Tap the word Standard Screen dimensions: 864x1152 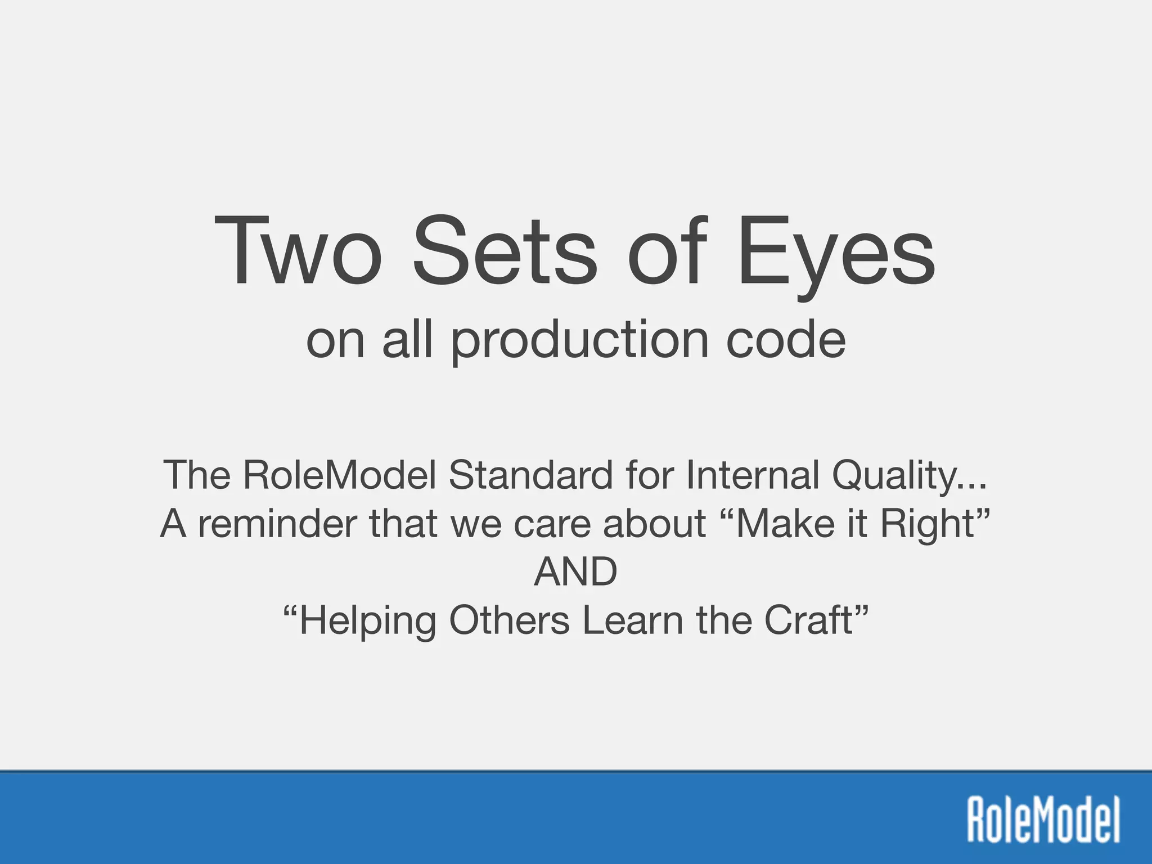pos(530,475)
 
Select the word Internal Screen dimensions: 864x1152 pos(752,475)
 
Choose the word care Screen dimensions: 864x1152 pos(553,524)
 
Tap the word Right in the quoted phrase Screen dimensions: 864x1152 pos(928,525)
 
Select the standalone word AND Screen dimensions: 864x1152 pos(575,572)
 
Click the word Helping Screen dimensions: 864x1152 pos(366,622)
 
